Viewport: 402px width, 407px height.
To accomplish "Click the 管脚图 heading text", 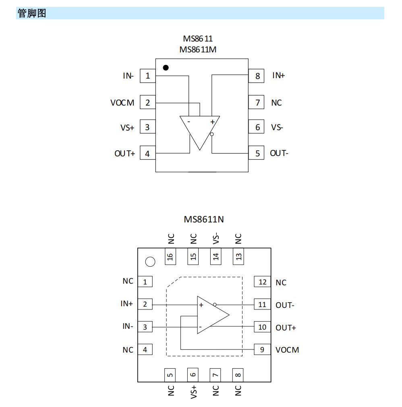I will pos(32,13).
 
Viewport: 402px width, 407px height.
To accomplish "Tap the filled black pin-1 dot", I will pos(166,67).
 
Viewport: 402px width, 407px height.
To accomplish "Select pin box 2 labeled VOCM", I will pos(147,103).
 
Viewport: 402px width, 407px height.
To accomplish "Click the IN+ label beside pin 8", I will pos(278,75).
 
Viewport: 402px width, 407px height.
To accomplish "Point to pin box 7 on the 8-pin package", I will pos(257,103).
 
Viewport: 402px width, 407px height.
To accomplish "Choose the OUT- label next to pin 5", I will pos(279,153).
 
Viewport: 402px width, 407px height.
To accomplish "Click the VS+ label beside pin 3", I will pos(127,127).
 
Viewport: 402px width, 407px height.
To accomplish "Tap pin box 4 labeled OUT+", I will pos(147,153).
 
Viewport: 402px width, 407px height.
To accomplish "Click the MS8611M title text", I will pos(198,49).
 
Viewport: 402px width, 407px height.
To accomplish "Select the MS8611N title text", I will pos(204,219).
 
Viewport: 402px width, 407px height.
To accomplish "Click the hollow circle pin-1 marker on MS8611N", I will pos(150,262).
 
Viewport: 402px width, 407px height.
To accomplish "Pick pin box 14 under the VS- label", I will pos(216,256).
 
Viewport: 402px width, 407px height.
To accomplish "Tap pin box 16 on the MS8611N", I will pos(170,256).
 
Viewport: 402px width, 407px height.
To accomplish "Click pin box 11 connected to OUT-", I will pos(262,304).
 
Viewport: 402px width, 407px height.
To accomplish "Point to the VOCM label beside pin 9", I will pos(287,350).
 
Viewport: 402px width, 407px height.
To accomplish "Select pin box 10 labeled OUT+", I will pos(262,327).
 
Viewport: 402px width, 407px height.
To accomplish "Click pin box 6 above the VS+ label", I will pos(193,374).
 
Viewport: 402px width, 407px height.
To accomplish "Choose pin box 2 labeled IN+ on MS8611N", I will pos(145,304).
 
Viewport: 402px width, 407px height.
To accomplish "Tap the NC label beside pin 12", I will pos(281,282).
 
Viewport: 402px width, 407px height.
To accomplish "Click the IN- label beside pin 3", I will pos(128,326).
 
